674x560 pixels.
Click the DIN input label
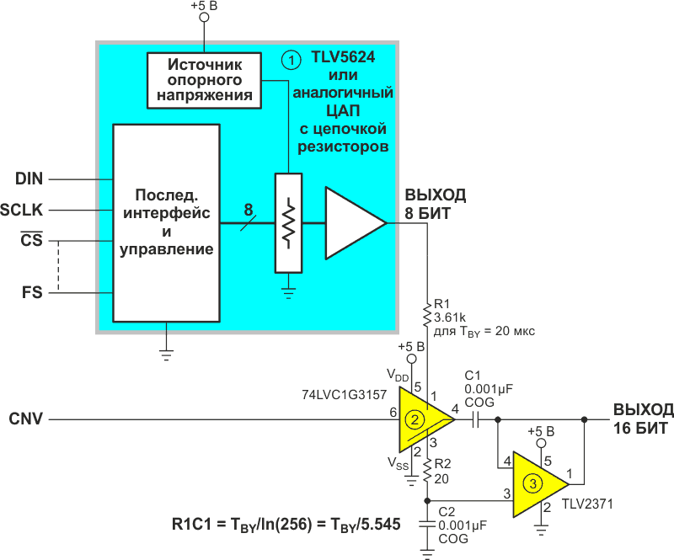29,179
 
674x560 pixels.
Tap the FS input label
31,293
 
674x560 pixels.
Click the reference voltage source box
205,80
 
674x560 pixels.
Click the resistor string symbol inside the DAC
288,223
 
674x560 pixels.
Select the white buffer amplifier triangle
352,223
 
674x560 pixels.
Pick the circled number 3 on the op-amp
532,483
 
